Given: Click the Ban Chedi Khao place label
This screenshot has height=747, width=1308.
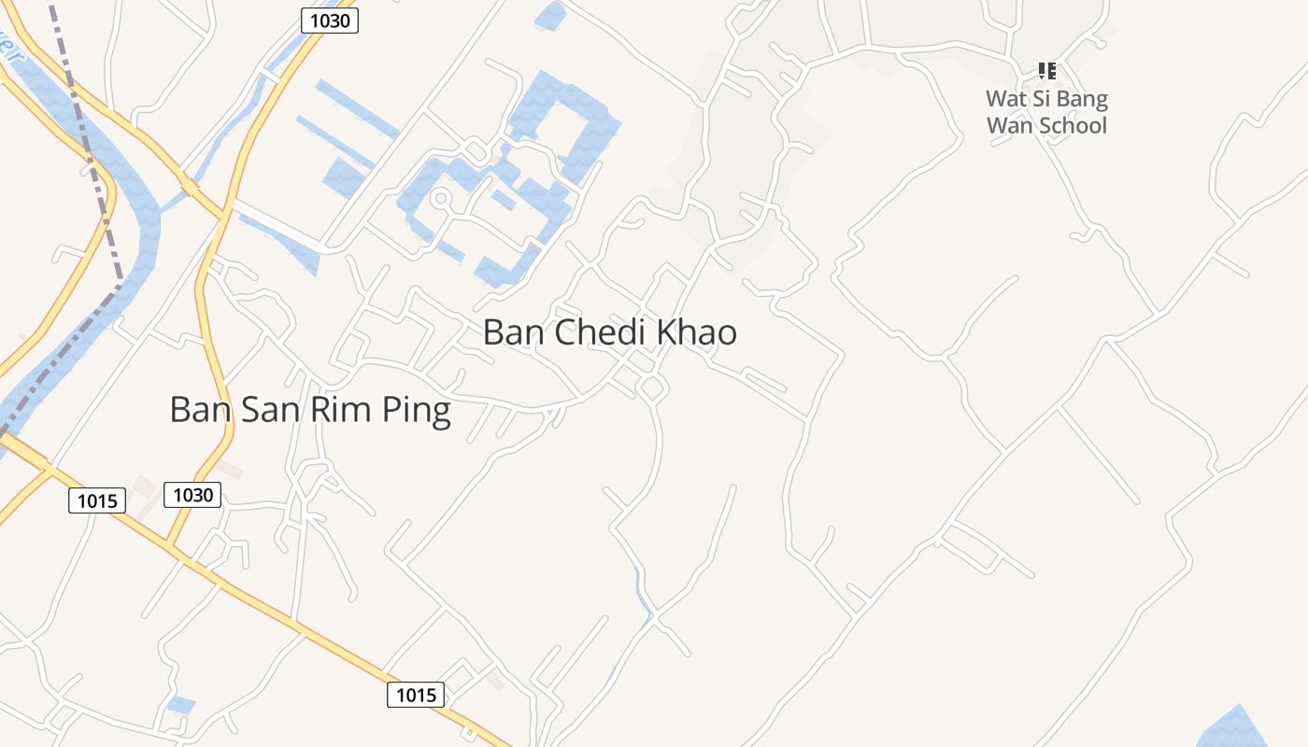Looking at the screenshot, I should pos(610,332).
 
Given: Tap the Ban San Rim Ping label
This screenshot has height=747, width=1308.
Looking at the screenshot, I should pos(310,410).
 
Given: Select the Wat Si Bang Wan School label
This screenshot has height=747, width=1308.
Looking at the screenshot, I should pos(1046,112).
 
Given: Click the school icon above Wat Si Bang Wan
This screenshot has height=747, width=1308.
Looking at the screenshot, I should pos(1046,70).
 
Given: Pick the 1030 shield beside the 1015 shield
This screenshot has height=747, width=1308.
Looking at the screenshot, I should pos(192,495).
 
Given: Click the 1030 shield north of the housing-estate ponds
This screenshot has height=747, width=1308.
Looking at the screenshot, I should pos(330,20).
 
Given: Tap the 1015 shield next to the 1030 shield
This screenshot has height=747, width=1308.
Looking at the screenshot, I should pos(97,501).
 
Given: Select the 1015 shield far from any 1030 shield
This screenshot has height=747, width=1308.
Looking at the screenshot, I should pos(416,695).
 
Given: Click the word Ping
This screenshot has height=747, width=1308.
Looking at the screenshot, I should pos(416,411).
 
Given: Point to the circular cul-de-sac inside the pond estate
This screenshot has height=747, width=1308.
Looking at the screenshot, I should pos(441,198).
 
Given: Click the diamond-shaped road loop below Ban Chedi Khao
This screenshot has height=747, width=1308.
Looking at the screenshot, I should pos(651,388).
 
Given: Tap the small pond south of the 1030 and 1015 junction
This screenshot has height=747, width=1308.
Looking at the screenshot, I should pos(180,704).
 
